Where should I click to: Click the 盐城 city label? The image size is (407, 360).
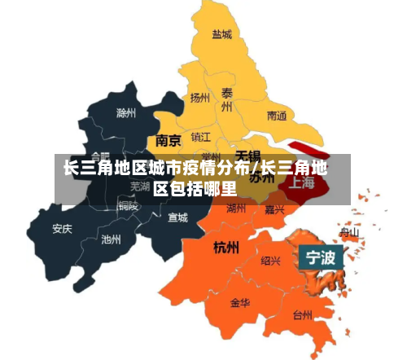point(222,35)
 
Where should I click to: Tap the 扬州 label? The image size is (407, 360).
point(200,98)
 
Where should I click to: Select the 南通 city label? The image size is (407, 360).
point(277,116)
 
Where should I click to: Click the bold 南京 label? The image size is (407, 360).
point(168,140)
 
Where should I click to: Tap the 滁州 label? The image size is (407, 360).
point(127,112)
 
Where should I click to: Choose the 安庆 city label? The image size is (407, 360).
point(62,229)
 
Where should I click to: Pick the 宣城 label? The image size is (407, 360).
point(177,217)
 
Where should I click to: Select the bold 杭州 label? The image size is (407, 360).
point(225,246)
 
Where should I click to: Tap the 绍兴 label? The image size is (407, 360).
point(271,261)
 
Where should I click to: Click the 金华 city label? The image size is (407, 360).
point(240,303)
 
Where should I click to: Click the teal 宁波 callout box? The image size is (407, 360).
point(320,259)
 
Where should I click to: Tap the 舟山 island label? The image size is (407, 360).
point(349,232)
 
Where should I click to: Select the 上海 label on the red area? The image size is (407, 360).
point(302,182)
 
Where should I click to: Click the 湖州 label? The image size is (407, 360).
point(236,209)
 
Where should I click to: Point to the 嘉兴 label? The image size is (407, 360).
point(274,209)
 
